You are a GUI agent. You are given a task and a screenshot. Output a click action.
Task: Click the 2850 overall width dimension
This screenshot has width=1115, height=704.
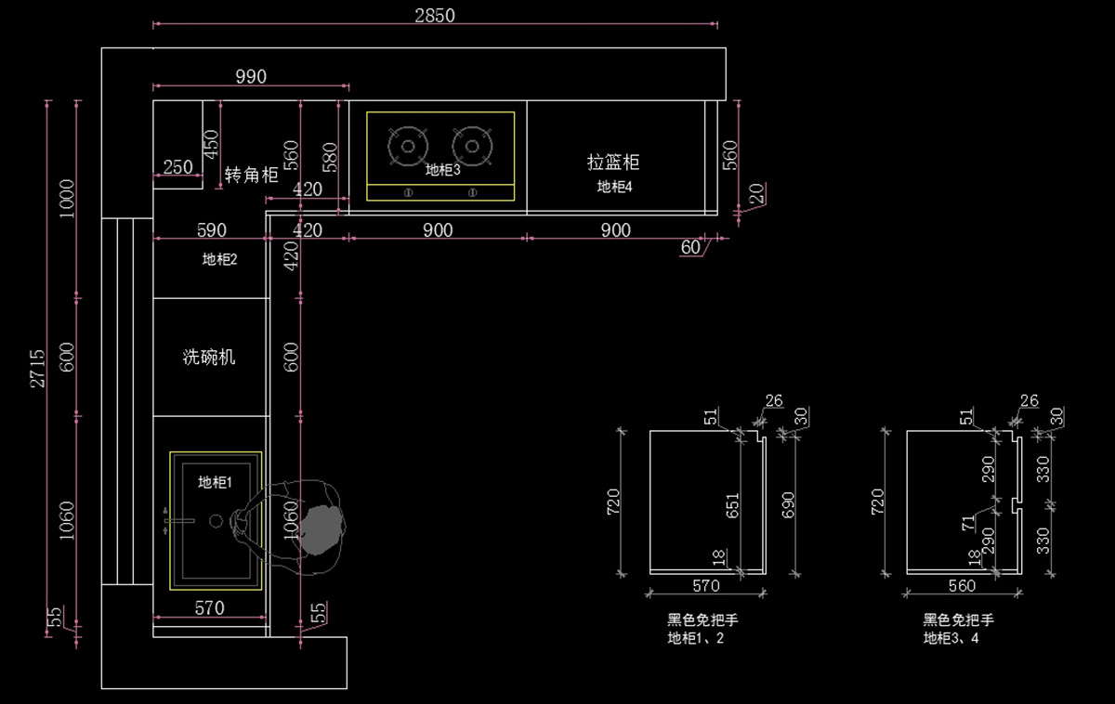(x=435, y=16)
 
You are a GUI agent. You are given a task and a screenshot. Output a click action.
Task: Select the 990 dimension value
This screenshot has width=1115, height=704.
(x=251, y=76)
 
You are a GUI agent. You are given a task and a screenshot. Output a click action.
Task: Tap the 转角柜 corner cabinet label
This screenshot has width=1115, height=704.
(x=251, y=175)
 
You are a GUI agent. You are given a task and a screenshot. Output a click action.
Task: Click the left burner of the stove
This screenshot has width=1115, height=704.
(x=408, y=146)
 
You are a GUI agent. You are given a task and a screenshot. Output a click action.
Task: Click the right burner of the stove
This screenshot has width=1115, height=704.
(x=472, y=146)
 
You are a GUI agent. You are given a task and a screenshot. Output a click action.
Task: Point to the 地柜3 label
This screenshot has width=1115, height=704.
(x=442, y=170)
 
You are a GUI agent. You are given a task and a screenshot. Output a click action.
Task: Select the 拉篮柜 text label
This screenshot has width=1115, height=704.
(x=613, y=163)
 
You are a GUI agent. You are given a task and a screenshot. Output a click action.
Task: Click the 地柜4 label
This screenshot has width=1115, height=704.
(x=614, y=187)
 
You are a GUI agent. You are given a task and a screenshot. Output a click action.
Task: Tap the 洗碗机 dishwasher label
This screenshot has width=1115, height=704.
(x=208, y=357)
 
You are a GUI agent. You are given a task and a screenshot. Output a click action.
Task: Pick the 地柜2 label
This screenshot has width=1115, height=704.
(x=219, y=259)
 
